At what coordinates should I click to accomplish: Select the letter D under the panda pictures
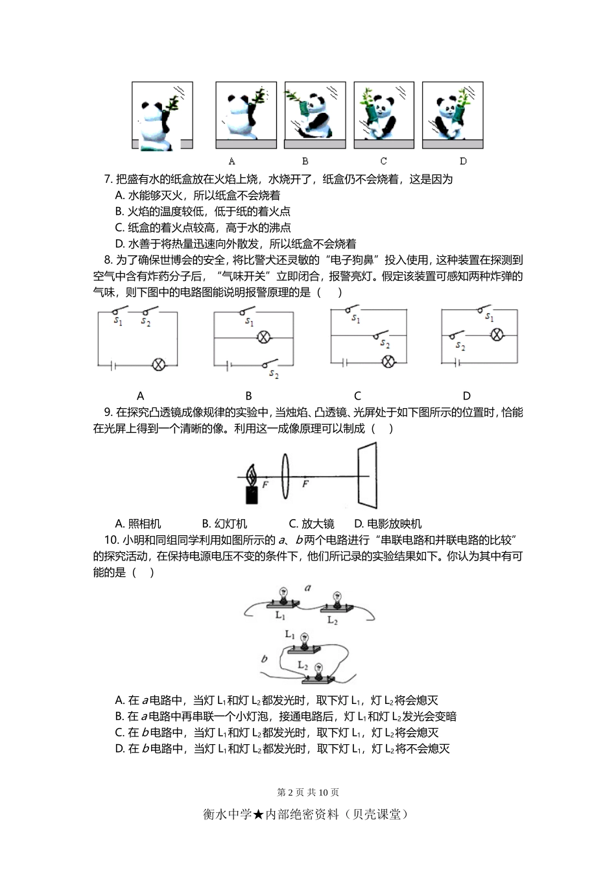[463, 161]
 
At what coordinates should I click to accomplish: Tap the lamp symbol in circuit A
[158, 365]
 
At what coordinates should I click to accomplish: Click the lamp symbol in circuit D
[496, 335]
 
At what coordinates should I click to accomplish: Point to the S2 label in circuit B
[274, 374]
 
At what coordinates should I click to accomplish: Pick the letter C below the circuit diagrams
[357, 395]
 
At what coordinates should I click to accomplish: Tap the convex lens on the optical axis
[285, 477]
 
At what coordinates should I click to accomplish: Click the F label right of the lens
[305, 485]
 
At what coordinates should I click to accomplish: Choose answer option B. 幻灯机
[224, 524]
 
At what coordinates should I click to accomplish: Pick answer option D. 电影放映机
[387, 524]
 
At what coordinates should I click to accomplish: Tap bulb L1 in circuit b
[303, 643]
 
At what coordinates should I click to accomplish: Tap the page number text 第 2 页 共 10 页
[308, 792]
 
